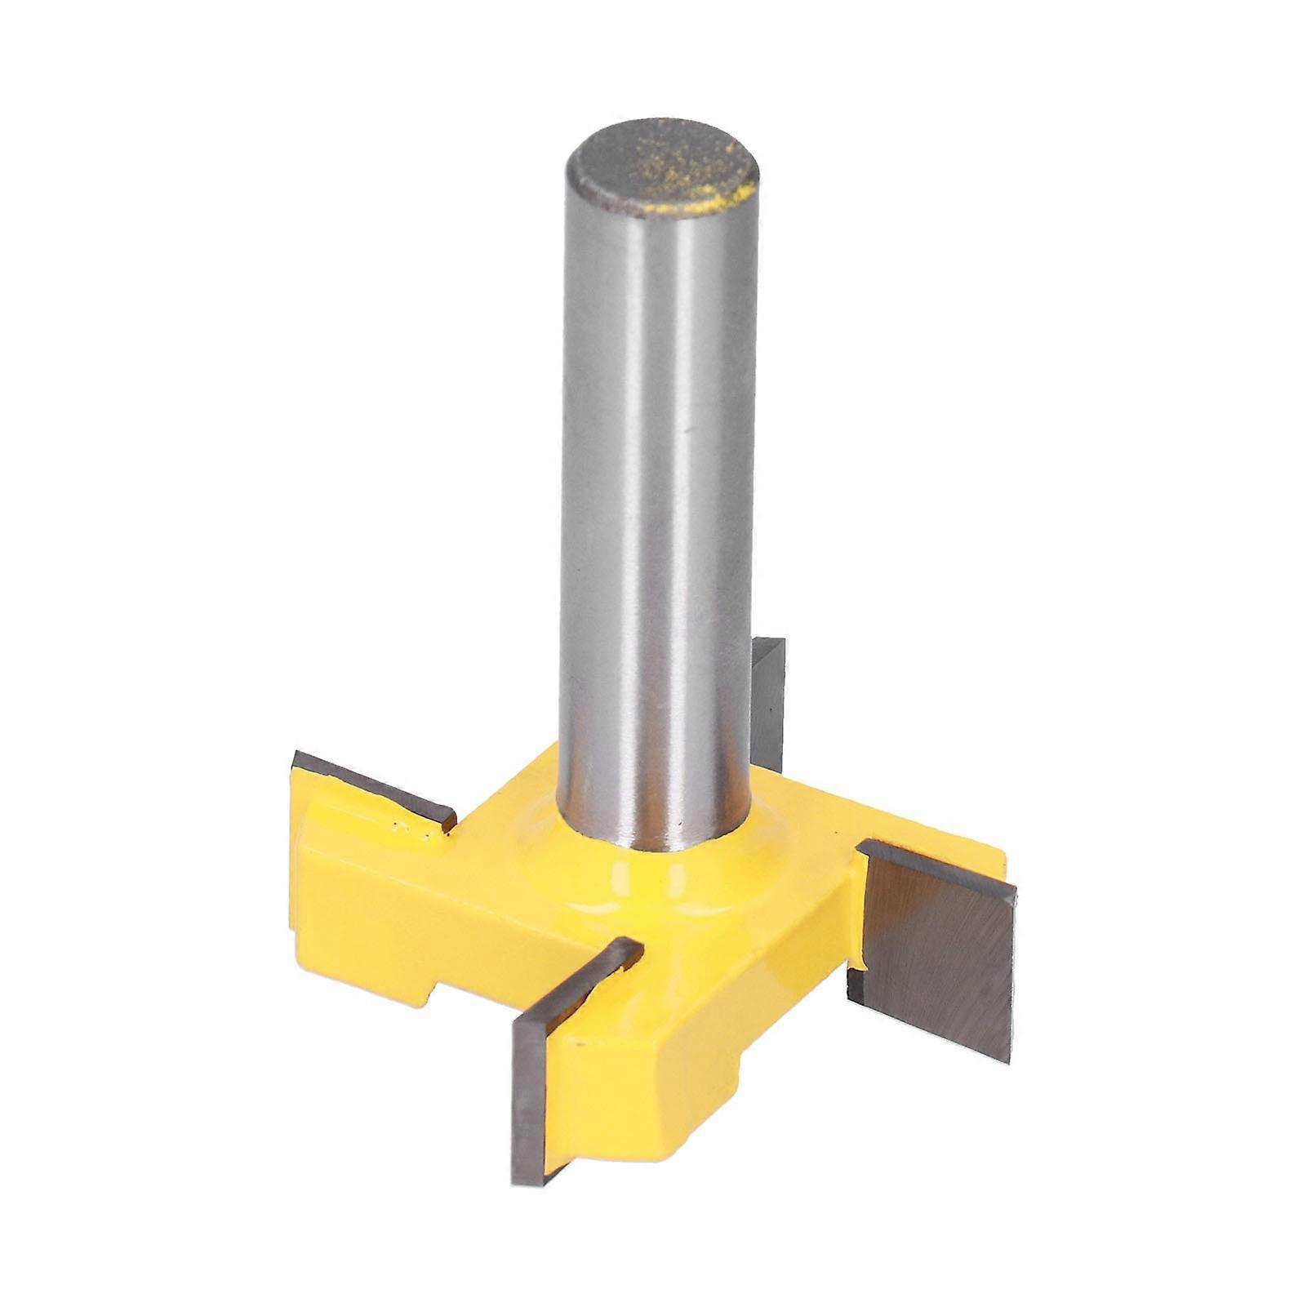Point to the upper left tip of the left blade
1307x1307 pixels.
coord(296,755)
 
